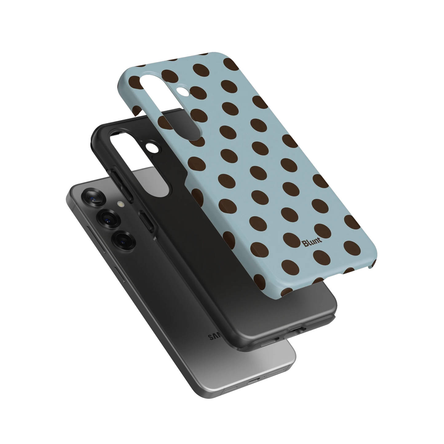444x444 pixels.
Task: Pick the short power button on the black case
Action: point(147,221)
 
